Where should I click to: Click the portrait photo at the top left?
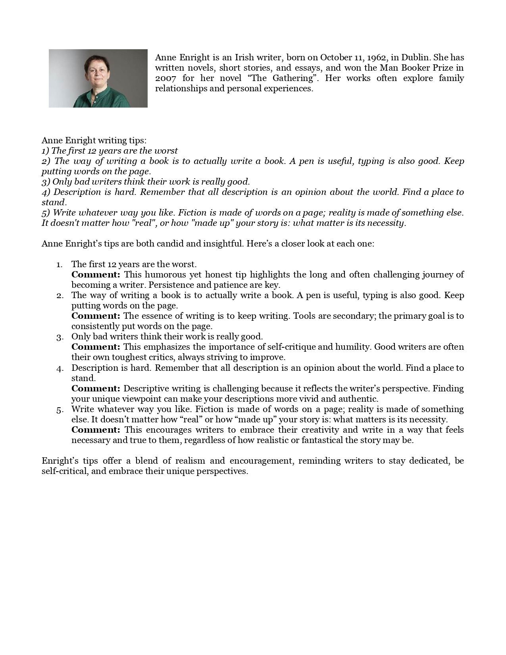tap(98, 78)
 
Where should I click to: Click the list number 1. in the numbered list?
tap(60, 264)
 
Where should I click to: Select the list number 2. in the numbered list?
tap(60, 295)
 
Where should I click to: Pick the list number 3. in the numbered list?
tap(60, 337)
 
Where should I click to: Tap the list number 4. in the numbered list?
tap(60, 368)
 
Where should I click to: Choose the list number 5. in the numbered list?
tap(60, 409)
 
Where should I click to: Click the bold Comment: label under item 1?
tap(96, 275)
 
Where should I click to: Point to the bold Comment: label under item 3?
tap(96, 347)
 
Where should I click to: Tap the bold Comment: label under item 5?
tap(96, 430)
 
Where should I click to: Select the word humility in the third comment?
tap(353, 347)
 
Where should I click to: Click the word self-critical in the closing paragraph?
tap(64, 471)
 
